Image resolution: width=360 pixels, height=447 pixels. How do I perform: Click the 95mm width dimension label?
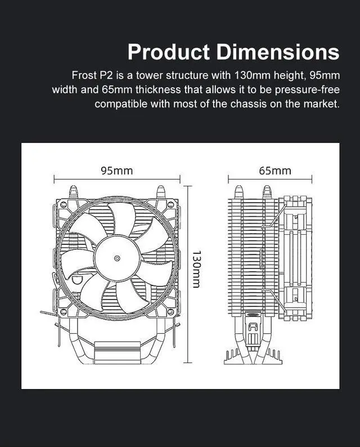116,171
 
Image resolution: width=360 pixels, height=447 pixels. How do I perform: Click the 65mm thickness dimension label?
275,171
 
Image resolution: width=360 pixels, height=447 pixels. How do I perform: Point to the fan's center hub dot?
116,258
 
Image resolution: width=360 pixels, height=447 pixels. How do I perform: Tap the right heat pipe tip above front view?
161,190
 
